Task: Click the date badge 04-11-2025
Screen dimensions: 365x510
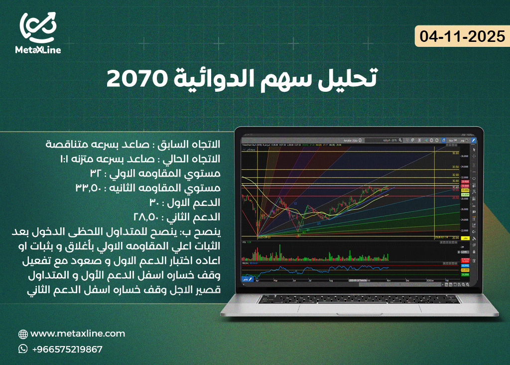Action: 462,37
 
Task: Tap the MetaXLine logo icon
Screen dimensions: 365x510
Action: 38,28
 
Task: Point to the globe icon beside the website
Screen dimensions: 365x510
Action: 23,334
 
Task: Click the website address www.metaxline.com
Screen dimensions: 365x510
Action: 78,334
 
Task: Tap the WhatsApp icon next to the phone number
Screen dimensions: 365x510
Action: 23,349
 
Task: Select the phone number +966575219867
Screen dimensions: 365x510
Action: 67,349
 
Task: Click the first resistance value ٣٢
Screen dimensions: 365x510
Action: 96,174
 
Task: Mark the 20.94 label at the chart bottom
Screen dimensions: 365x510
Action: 455,238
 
